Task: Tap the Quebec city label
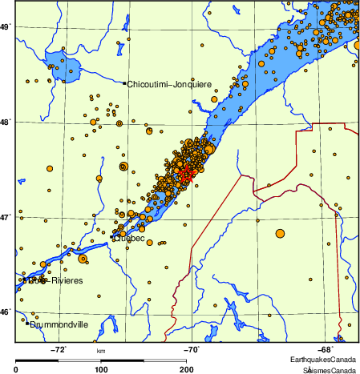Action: click(x=129, y=238)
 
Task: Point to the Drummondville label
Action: click(x=59, y=325)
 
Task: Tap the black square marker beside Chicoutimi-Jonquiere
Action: click(x=123, y=83)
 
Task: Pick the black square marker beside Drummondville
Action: click(x=26, y=324)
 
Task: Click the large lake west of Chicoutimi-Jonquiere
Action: click(x=63, y=62)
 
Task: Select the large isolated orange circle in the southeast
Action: click(x=280, y=233)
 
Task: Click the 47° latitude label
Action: click(x=5, y=217)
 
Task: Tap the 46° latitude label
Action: click(x=5, y=312)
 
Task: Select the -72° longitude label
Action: click(x=59, y=349)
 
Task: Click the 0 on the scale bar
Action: click(x=17, y=369)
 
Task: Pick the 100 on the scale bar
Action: click(x=102, y=369)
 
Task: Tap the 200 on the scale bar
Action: click(x=187, y=369)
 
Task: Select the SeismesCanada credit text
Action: click(x=329, y=370)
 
